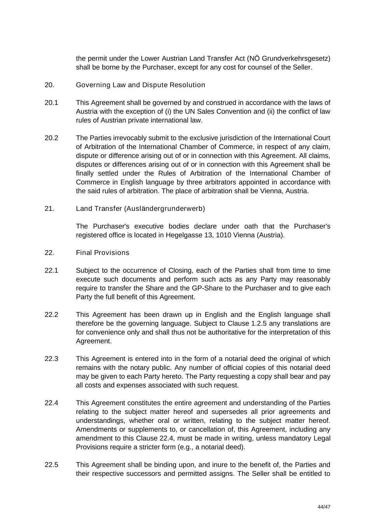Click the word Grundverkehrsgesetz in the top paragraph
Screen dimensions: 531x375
[x=296, y=58]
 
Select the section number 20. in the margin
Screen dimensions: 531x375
[x=49, y=85]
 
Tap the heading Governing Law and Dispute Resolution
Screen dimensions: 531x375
[x=140, y=85]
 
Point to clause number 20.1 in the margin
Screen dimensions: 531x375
[x=51, y=103]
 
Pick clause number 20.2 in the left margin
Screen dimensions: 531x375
[x=51, y=138]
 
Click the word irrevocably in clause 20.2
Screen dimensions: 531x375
[x=131, y=138]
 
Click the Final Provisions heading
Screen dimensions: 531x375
[x=103, y=253]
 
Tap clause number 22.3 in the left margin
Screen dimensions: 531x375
[x=51, y=359]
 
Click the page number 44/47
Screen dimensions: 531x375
[x=324, y=507]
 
